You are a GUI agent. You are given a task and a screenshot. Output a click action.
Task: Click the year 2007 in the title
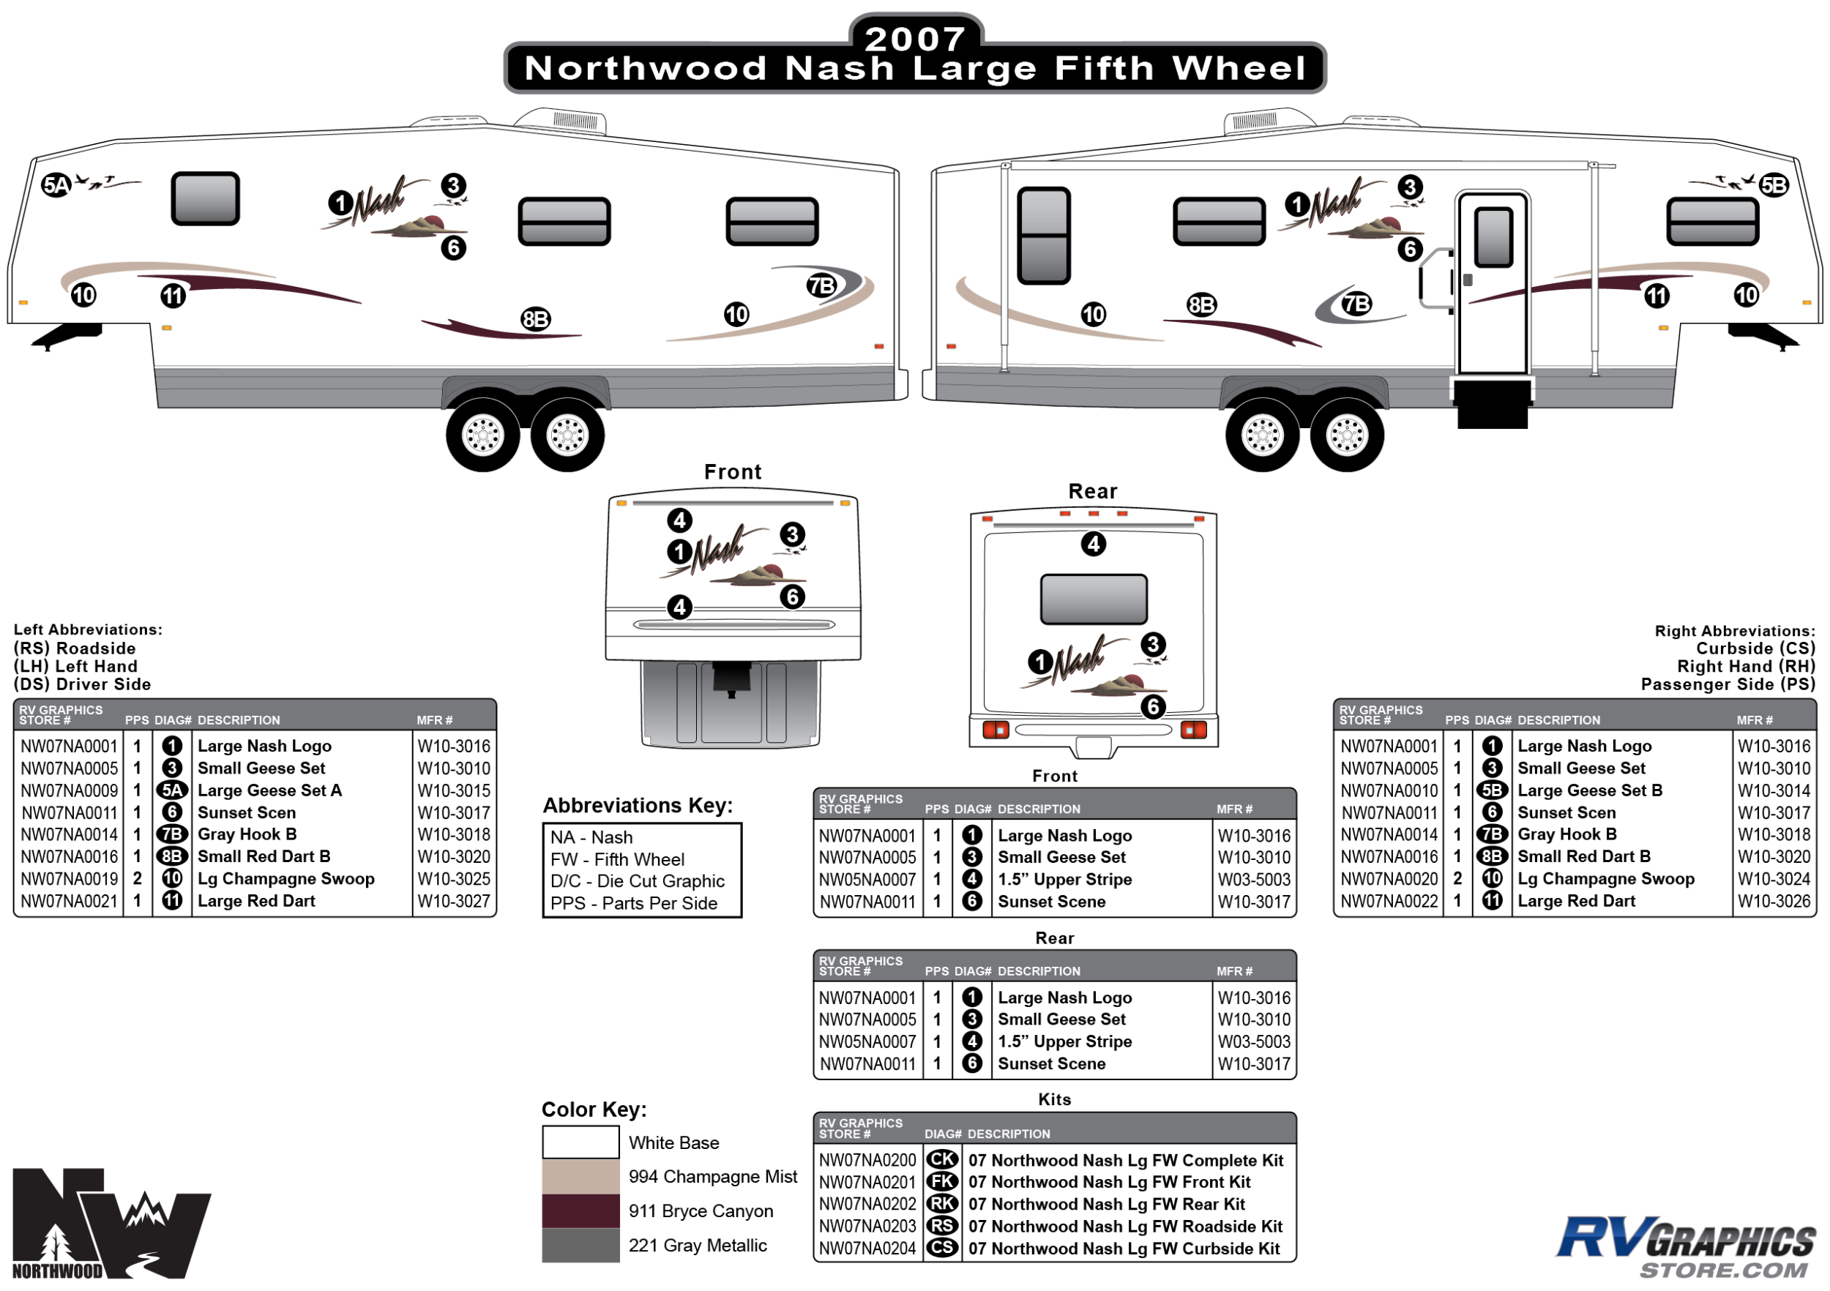point(915,39)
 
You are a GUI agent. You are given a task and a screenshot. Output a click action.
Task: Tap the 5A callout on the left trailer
point(56,186)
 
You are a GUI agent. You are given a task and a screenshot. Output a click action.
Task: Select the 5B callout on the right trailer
point(1774,186)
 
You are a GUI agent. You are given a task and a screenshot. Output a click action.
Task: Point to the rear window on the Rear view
point(1094,599)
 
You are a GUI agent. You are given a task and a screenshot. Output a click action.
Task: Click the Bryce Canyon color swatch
point(580,1210)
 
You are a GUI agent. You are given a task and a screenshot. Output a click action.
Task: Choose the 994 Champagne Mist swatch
point(580,1176)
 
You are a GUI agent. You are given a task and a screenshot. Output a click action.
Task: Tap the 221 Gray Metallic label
point(698,1246)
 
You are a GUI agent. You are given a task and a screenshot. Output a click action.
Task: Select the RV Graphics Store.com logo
point(1685,1247)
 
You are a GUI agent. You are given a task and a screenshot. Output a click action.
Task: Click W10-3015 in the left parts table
point(454,790)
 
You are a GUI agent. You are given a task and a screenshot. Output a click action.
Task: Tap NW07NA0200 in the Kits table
point(867,1160)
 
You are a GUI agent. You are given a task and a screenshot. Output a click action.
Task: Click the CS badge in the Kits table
point(942,1248)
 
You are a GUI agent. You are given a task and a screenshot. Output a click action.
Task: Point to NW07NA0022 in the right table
point(1389,902)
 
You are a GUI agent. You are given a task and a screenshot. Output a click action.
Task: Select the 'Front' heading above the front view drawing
point(733,472)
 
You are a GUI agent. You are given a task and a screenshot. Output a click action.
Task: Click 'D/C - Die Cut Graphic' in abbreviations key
point(637,881)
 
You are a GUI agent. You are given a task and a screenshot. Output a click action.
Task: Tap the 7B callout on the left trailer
point(821,285)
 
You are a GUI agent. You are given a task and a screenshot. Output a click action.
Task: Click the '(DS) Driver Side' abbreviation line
point(82,684)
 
